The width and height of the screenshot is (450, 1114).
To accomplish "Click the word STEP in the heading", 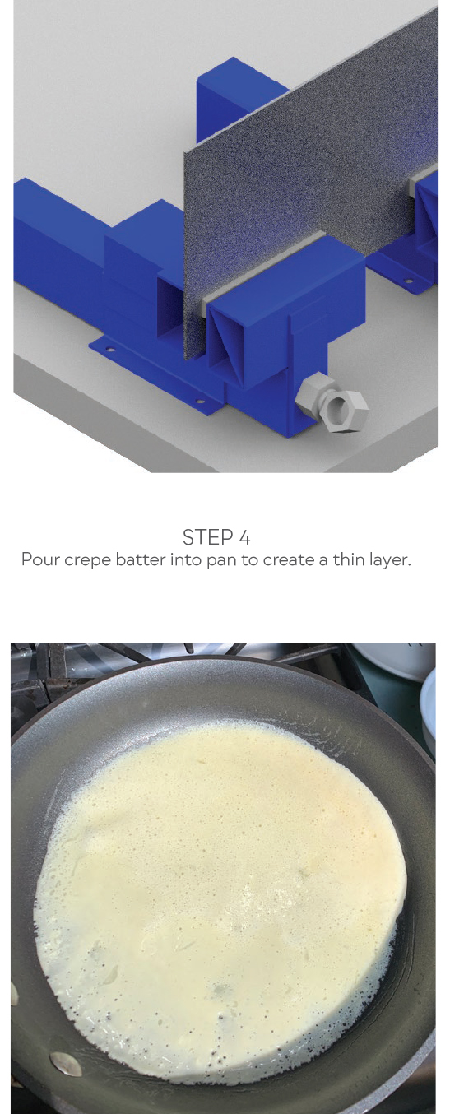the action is (x=208, y=537).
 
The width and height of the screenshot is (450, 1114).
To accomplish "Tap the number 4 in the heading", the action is (x=244, y=537).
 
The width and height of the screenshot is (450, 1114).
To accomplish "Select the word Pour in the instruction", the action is (x=40, y=559).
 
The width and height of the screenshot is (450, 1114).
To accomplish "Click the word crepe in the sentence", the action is (x=87, y=561).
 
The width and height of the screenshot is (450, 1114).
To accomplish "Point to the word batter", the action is (x=141, y=559).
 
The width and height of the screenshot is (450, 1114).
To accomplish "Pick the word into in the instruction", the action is (x=186, y=559).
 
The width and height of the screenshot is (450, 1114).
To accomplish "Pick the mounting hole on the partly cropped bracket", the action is (x=409, y=281).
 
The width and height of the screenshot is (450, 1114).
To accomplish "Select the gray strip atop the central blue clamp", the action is (x=263, y=268).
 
